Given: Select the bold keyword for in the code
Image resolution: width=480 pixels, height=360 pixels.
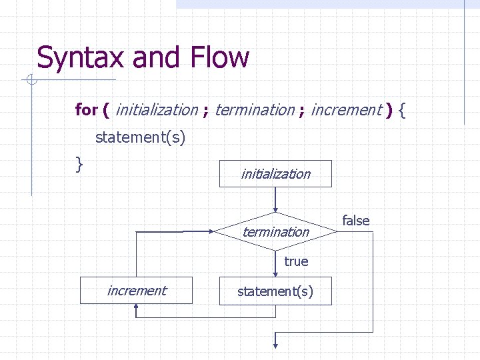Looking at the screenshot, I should (86, 110).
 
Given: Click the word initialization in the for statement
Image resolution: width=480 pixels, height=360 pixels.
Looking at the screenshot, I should (157, 110).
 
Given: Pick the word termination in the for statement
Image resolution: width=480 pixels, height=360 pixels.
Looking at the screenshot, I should (255, 110).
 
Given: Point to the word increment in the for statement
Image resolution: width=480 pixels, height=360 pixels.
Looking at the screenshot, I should (345, 110).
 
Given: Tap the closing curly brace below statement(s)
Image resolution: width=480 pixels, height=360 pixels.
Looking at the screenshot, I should (79, 163).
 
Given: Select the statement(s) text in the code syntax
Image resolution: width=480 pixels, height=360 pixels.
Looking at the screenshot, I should (141, 137).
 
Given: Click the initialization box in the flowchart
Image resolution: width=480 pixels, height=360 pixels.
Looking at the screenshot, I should (275, 174).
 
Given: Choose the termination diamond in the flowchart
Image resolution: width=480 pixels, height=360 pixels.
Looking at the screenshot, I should (275, 232).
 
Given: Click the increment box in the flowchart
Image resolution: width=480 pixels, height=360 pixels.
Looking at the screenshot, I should (137, 291).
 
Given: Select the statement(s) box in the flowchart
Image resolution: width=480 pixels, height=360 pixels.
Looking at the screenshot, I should (275, 291).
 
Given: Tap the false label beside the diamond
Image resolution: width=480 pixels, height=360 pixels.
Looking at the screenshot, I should (356, 221).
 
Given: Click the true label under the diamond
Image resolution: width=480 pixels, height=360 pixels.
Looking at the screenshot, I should (296, 261).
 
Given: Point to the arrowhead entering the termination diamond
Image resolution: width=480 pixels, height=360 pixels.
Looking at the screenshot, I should (275, 208).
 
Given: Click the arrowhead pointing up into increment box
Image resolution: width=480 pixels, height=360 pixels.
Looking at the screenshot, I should (137, 309).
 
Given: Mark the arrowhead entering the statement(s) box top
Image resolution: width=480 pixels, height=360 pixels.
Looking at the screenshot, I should (275, 273).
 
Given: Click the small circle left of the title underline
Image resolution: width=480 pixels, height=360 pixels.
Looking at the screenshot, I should (31, 81).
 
